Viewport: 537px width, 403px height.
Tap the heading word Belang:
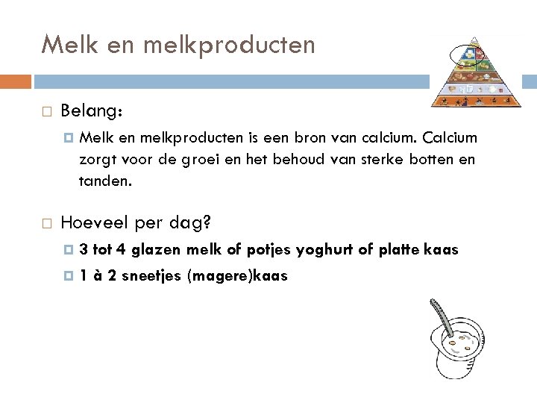click(92, 111)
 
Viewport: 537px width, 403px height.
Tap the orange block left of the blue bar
click(16, 81)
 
